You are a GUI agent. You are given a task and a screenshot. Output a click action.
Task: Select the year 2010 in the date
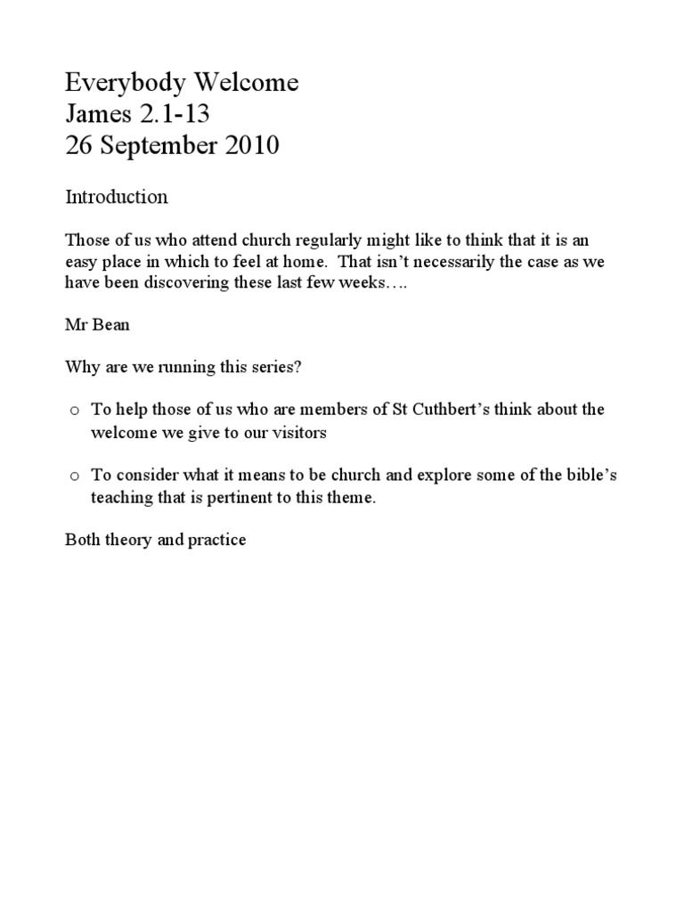(x=249, y=145)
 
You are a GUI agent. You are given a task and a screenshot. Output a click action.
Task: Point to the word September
(x=155, y=145)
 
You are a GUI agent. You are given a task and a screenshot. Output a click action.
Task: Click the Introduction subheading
(x=117, y=198)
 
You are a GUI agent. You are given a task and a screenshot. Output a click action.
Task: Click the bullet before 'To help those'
(x=75, y=411)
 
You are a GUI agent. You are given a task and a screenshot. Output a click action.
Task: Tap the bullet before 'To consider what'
(x=75, y=476)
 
